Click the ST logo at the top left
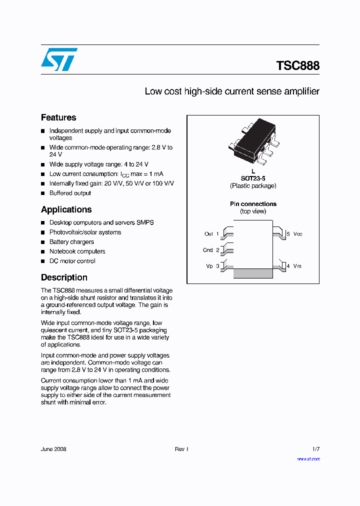coord(59,59)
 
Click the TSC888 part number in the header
coord(297,65)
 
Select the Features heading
coord(58,117)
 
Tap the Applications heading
coord(66,209)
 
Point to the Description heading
coord(64,277)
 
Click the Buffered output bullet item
coord(70,193)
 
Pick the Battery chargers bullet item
coord(71,242)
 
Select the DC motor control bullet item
coord(72,261)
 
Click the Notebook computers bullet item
coord(77,251)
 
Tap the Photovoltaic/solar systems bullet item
coord(85,232)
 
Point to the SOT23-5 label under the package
coord(253,178)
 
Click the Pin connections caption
coord(253,204)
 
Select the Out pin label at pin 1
coord(208,234)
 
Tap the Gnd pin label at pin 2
coord(208,250)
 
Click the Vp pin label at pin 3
coord(209,266)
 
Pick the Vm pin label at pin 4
coord(297,266)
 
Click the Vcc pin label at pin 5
coord(297,234)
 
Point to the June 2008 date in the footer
coord(53,449)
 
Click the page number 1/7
coord(315,449)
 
